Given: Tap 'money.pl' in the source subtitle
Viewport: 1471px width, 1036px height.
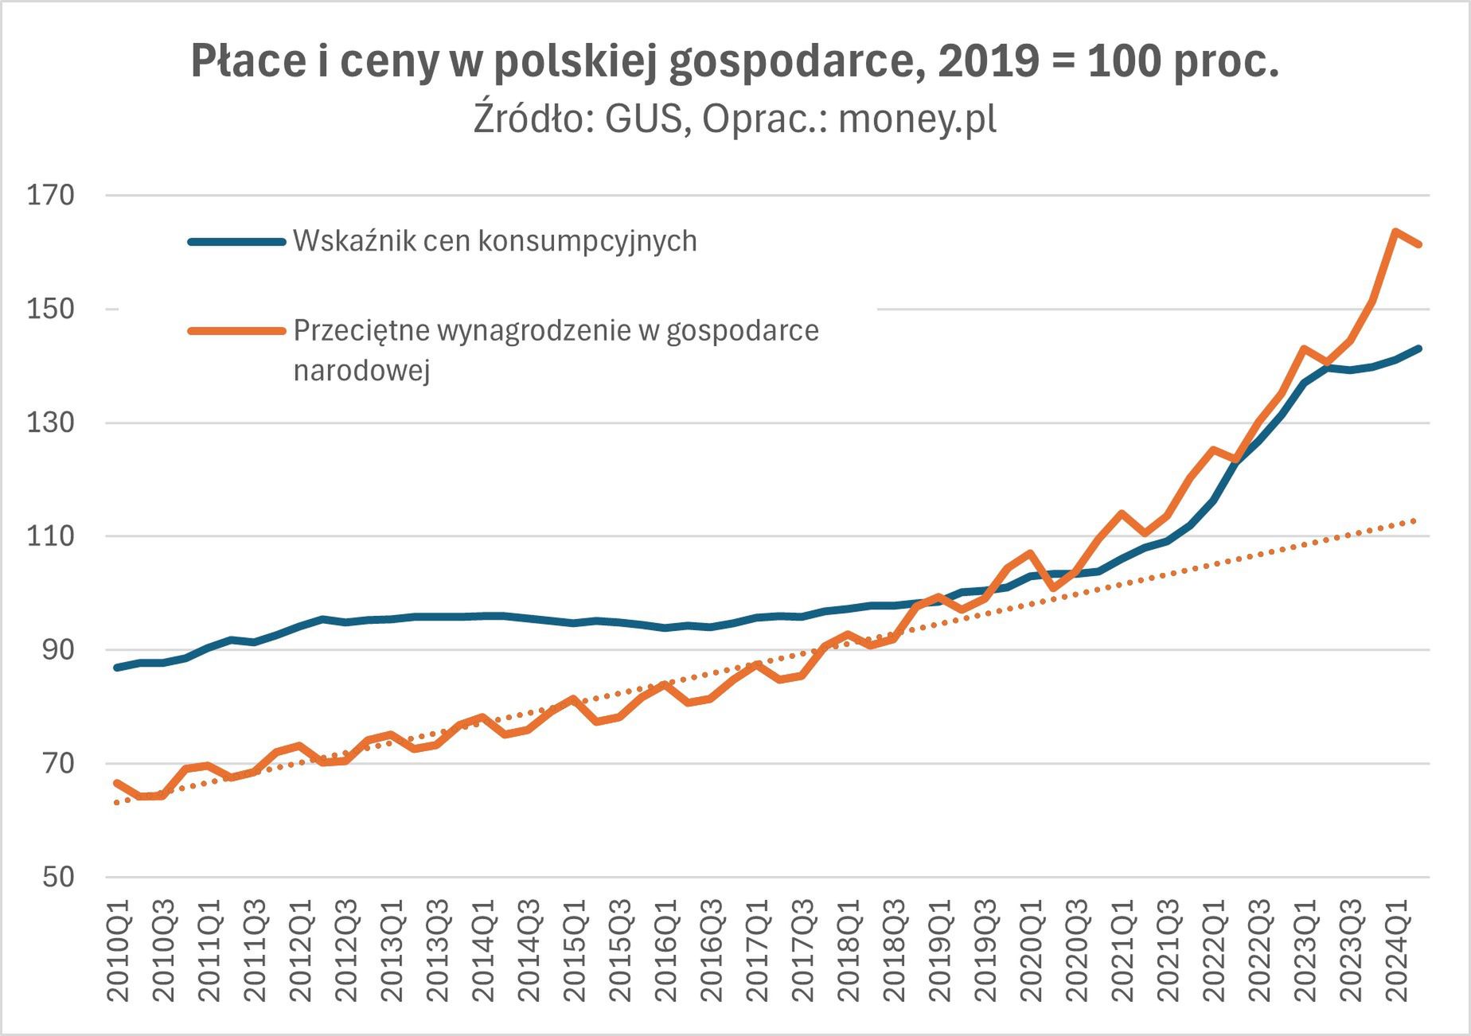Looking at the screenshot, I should point(917,119).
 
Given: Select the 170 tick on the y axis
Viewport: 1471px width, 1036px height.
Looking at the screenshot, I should point(50,195).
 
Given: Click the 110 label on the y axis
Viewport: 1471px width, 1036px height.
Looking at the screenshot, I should point(50,536).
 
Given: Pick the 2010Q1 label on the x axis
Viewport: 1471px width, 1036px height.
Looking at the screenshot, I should point(119,951).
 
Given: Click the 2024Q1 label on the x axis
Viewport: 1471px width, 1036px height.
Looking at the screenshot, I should point(1398,951).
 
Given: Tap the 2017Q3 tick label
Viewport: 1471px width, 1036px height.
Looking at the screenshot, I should point(804,951).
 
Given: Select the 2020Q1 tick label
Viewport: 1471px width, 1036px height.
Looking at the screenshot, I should point(1032,951).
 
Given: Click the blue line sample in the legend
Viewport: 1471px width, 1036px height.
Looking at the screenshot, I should point(236,242).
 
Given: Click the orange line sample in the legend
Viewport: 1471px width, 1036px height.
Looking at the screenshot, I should point(236,331).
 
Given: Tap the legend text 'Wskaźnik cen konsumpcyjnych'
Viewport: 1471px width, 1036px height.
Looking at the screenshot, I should point(494,241).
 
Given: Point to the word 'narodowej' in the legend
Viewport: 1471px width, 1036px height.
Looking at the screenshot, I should point(361,370).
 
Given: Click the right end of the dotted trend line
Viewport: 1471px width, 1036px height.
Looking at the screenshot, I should point(1416,520).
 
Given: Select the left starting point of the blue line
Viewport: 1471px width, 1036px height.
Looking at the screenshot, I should point(117,668).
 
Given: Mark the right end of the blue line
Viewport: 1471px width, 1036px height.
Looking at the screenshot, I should point(1418,348).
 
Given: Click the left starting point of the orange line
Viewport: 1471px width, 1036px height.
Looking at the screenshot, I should point(117,783).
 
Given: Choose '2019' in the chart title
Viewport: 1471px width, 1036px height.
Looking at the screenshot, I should point(988,61).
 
